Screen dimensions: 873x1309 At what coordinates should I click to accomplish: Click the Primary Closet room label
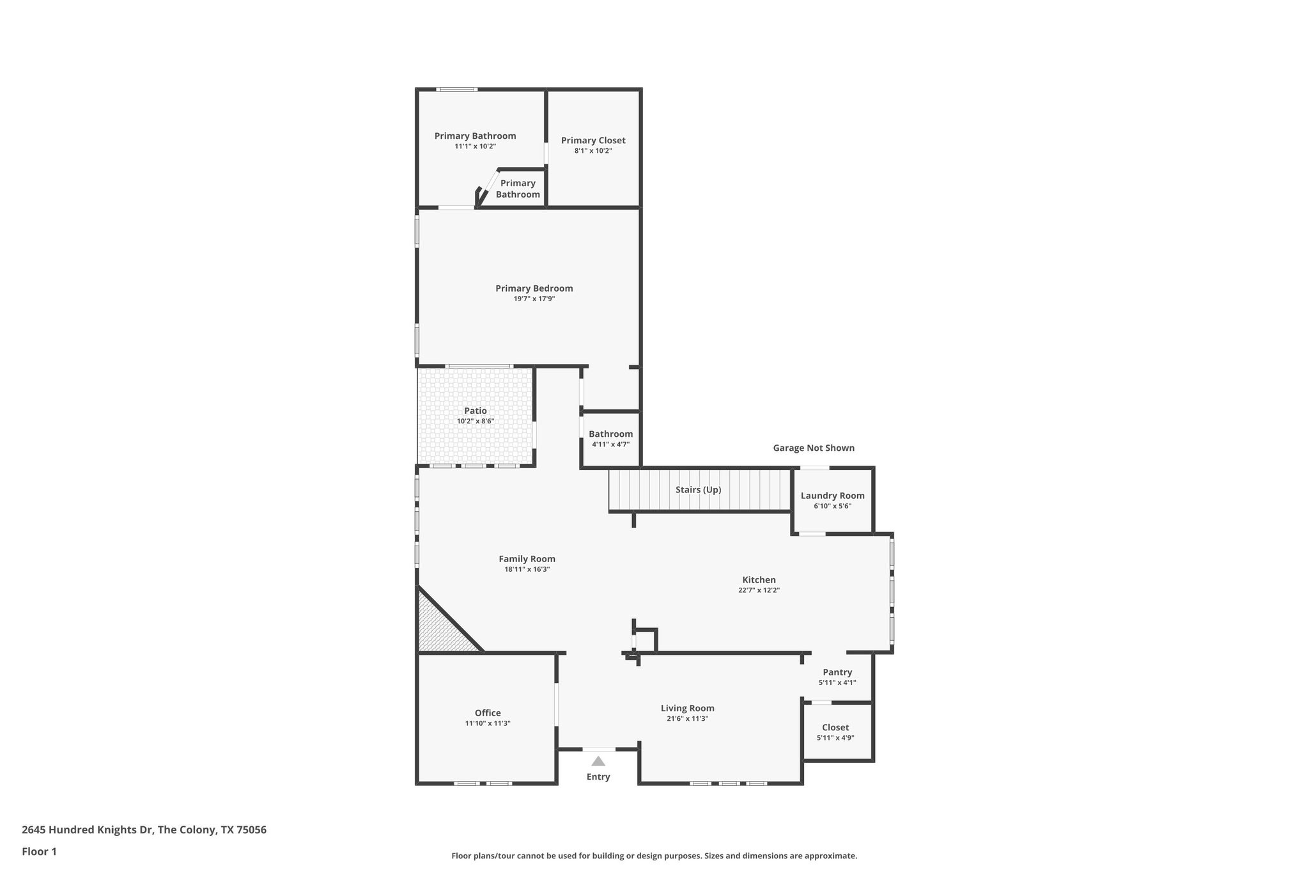[593, 141]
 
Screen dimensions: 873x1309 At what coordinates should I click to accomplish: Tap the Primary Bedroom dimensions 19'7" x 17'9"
[534, 299]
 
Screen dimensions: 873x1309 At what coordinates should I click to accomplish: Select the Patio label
[475, 411]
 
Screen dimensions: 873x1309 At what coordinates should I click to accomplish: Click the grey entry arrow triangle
[598, 761]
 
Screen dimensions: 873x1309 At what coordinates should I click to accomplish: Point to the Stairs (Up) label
[698, 490]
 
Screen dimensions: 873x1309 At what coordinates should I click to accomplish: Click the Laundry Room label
[832, 496]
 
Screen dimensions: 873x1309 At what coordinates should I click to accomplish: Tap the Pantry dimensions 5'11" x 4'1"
[837, 682]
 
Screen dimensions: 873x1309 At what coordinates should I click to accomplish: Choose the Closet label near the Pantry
[835, 727]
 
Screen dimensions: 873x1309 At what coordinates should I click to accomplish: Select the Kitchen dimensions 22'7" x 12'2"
[759, 590]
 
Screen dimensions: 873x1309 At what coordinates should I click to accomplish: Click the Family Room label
[527, 559]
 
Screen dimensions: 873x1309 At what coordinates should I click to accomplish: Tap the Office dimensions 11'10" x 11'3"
[487, 723]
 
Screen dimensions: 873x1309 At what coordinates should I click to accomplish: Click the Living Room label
[687, 708]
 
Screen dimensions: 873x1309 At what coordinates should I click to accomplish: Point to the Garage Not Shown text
[813, 448]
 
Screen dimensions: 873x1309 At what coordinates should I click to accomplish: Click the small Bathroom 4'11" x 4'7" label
[610, 434]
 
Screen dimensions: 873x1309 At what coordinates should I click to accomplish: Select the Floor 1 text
[39, 851]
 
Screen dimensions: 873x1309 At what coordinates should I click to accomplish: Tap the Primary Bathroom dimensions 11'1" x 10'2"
[475, 146]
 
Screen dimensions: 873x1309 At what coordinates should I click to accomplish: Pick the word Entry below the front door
[598, 776]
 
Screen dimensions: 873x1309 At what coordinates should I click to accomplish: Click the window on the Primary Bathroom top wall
[456, 90]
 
